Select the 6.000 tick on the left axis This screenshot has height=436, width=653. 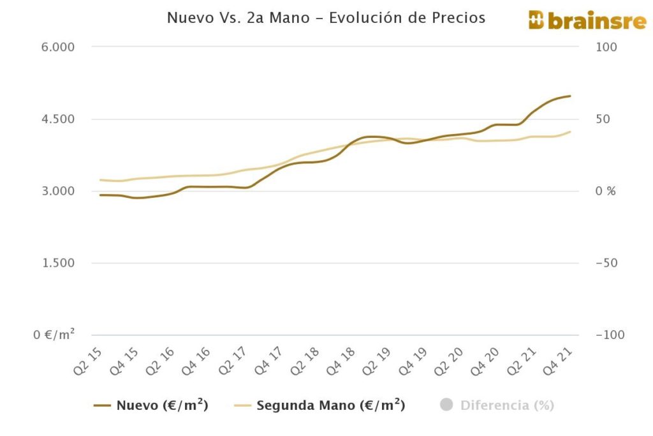click(57, 47)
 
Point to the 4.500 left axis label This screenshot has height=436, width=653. click(57, 119)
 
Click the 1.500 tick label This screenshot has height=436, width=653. click(57, 264)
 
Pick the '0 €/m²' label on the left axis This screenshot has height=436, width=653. click(54, 335)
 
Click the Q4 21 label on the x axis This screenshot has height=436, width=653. click(562, 361)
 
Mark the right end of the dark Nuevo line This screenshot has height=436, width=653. click(570, 96)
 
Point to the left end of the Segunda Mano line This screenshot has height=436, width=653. click(100, 179)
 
